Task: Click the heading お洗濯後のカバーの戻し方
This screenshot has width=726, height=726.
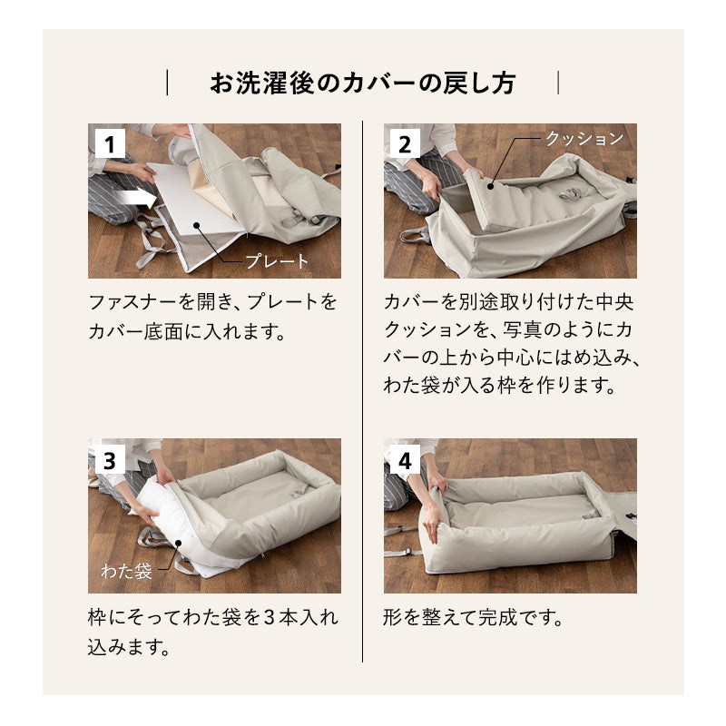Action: pyautogui.click(x=362, y=83)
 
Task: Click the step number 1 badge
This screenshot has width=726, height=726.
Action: pyautogui.click(x=110, y=143)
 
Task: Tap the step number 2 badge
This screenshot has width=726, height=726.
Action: pyautogui.click(x=405, y=143)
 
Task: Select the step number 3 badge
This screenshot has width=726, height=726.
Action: pyautogui.click(x=110, y=459)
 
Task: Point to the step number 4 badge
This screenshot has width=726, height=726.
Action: pyautogui.click(x=405, y=459)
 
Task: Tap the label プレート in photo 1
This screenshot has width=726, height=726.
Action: pyautogui.click(x=277, y=261)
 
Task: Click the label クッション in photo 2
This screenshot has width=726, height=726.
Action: pyautogui.click(x=584, y=138)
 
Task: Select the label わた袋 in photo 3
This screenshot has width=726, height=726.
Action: pyautogui.click(x=126, y=571)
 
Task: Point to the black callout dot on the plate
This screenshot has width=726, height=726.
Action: pyautogui.click(x=196, y=225)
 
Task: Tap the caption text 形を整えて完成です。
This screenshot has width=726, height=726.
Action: pyautogui.click(x=473, y=617)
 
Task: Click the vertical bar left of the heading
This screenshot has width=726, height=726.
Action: pyautogui.click(x=167, y=83)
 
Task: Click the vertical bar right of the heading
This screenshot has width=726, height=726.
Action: pyautogui.click(x=558, y=83)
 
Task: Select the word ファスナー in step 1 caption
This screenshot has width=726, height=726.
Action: pyautogui.click(x=132, y=302)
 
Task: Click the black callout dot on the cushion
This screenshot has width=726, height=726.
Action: pyautogui.click(x=491, y=186)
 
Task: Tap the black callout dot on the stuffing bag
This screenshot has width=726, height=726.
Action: pyautogui.click(x=178, y=544)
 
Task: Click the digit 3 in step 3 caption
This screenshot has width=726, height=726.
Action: pyautogui.click(x=270, y=618)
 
